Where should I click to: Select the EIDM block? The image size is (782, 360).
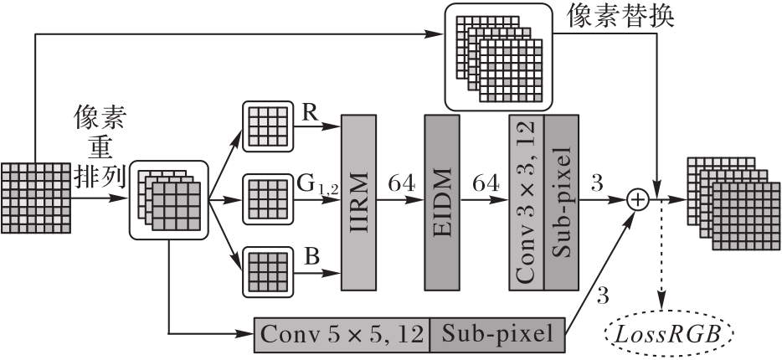[442, 200]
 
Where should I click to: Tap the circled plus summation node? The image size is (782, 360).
[639, 199]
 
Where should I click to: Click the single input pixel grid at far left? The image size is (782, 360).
[36, 199]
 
